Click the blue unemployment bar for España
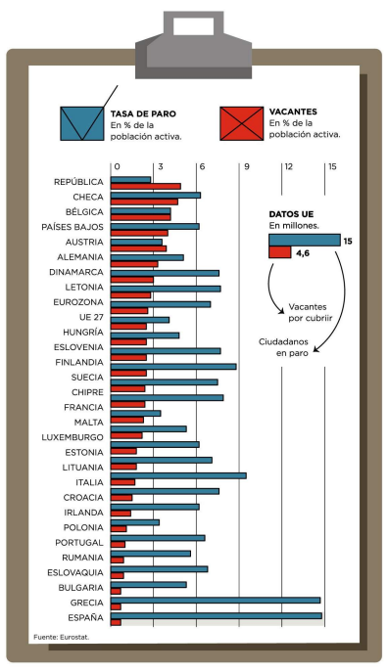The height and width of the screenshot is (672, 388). pyautogui.click(x=216, y=615)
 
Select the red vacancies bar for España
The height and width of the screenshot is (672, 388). pyautogui.click(x=116, y=622)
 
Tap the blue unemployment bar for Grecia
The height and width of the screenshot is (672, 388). pyautogui.click(x=215, y=600)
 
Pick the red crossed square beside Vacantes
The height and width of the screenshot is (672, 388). pyautogui.click(x=240, y=122)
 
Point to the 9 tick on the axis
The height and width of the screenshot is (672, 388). pyautogui.click(x=246, y=166)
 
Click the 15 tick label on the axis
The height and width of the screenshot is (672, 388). pyautogui.click(x=332, y=166)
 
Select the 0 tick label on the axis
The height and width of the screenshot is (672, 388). pyautogui.click(x=116, y=166)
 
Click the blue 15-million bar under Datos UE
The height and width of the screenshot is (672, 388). pyautogui.click(x=304, y=240)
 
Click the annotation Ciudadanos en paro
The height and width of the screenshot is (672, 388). pyautogui.click(x=292, y=346)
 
